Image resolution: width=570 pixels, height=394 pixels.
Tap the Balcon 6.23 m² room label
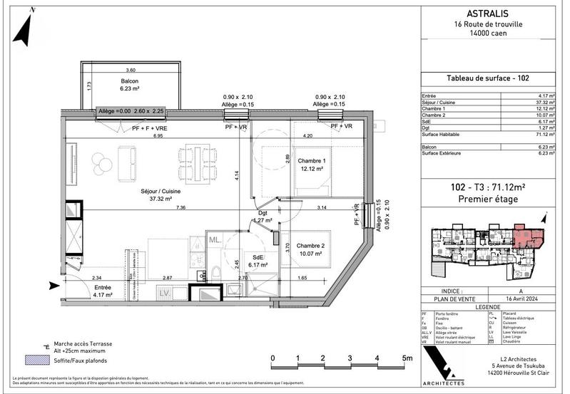tap(130, 85)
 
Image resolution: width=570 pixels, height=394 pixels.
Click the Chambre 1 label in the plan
tap(312, 165)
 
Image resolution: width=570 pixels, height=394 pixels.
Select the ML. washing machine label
tap(215, 241)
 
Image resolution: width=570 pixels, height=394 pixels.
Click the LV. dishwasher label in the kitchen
tap(163, 293)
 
